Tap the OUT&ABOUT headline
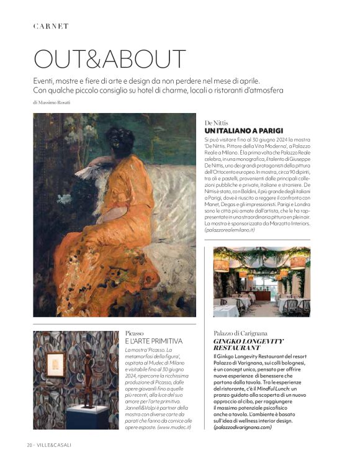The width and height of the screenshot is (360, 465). pyautogui.click(x=109, y=59)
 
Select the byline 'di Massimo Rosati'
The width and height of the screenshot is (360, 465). pyautogui.click(x=52, y=102)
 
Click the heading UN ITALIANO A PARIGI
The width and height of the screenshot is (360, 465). pyautogui.click(x=243, y=131)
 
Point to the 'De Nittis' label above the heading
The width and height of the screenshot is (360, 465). pyautogui.click(x=217, y=123)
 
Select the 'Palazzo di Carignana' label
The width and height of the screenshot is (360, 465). pyautogui.click(x=240, y=333)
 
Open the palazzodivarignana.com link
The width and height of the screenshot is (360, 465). pyautogui.click(x=243, y=428)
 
